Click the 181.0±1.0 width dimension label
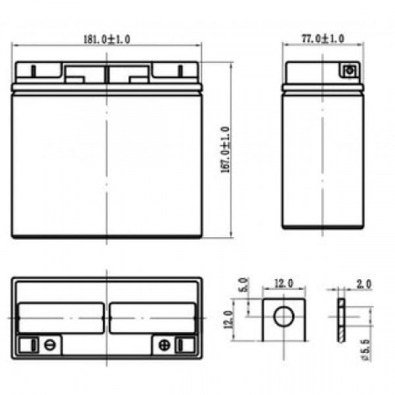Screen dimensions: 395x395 click(x=107, y=39)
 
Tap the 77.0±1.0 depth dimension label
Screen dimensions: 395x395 click(x=323, y=39)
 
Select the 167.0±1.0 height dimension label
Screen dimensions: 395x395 click(x=226, y=150)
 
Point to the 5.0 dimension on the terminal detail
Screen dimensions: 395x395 click(x=244, y=284)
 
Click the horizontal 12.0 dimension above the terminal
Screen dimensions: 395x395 click(x=284, y=284)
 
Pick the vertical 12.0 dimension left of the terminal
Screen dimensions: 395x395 click(x=228, y=320)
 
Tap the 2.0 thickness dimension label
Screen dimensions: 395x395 click(x=363, y=284)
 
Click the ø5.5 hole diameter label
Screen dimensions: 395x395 click(x=365, y=350)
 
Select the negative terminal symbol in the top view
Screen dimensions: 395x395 click(x=49, y=345)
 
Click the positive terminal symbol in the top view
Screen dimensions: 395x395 click(x=164, y=345)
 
